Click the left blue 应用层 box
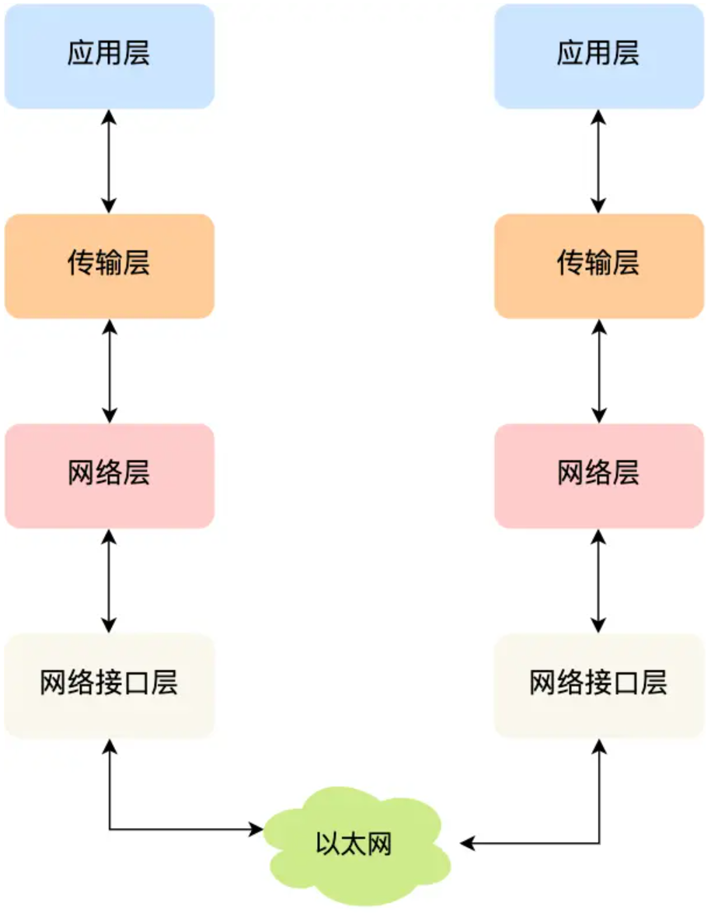click(109, 56)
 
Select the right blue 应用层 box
click(598, 56)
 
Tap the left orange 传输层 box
click(109, 266)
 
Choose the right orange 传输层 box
click(598, 266)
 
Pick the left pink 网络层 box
click(109, 476)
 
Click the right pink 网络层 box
click(598, 476)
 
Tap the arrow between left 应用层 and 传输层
click(109, 161)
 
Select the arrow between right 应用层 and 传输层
click(598, 161)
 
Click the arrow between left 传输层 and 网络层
click(109, 371)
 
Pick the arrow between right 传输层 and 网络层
click(598, 371)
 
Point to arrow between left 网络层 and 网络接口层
click(109, 581)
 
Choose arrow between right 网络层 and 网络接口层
click(598, 581)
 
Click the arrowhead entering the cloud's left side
click(256, 830)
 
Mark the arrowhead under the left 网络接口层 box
click(110, 746)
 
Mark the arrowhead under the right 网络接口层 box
click(599, 746)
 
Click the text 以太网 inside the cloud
click(354, 844)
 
